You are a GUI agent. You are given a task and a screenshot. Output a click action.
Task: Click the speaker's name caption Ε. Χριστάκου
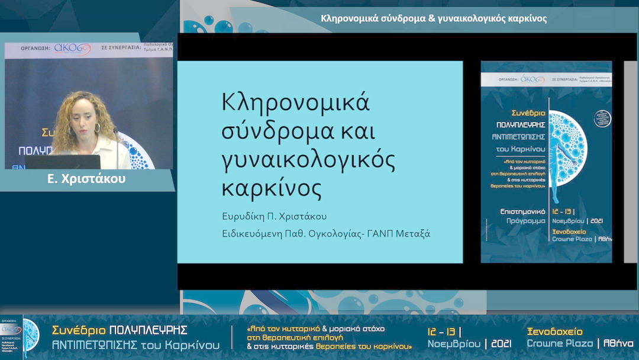pos(86,179)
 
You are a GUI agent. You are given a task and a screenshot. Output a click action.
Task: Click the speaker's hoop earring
pos(97,128)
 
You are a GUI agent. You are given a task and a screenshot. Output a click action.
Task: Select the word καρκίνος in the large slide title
pos(272,188)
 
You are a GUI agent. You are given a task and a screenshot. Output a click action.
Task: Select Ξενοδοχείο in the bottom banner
pos(554,332)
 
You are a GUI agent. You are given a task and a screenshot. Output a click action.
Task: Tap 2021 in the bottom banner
pos(501,344)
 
